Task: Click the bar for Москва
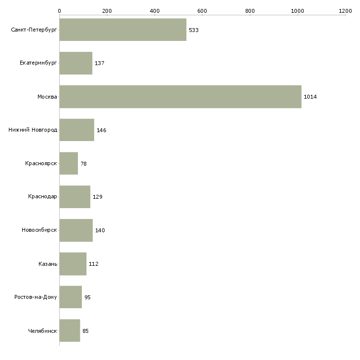(x=180, y=97)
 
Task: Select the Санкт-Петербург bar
(x=123, y=30)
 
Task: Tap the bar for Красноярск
(x=69, y=163)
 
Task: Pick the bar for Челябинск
(x=70, y=330)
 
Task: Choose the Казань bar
(x=73, y=264)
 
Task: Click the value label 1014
(x=310, y=97)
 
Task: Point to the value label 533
(x=193, y=30)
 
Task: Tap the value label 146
(x=101, y=130)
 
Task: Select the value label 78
(x=83, y=164)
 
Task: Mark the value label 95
(x=87, y=297)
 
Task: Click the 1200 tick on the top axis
(x=345, y=10)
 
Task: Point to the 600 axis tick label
(x=202, y=10)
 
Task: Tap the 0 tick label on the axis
(x=59, y=10)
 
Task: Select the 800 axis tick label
(x=250, y=10)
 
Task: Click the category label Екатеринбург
(x=38, y=63)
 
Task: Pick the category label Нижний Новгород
(x=33, y=130)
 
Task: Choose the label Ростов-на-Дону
(x=36, y=297)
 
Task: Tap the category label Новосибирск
(x=39, y=230)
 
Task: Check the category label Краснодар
(x=42, y=197)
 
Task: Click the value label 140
(x=100, y=230)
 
